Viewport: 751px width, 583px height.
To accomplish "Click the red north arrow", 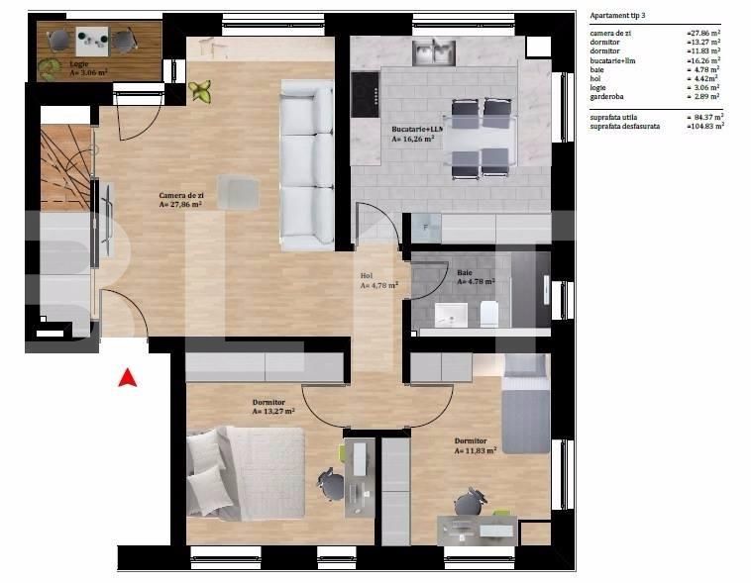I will coord(127,377).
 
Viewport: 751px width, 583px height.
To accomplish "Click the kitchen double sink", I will coord(433,49).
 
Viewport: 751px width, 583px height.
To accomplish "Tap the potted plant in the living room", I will coord(201,92).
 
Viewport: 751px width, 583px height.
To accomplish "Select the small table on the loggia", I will coord(93,40).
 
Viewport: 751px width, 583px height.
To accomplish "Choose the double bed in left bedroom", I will coord(248,472).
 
